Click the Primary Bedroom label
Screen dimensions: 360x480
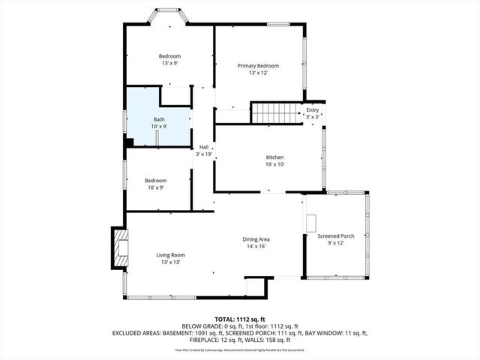253,66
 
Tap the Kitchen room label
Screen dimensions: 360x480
274,157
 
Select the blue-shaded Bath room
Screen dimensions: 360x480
154,118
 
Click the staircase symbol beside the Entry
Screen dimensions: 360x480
274,113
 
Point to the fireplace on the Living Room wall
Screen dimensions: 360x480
119,247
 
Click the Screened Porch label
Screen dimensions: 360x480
335,236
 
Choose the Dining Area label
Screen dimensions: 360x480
256,239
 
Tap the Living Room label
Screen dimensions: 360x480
170,255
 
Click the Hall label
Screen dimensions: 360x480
203,147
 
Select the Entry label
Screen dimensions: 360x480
312,110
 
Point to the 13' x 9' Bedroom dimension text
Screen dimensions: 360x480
169,63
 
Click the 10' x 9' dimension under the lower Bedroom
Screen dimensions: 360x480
155,187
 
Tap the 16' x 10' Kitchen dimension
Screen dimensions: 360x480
274,164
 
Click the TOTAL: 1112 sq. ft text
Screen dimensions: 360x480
240,319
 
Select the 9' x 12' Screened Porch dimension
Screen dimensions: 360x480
335,243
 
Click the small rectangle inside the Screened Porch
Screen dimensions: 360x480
311,223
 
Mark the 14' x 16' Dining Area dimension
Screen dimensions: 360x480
256,246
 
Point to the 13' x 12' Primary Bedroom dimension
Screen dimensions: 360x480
253,73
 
